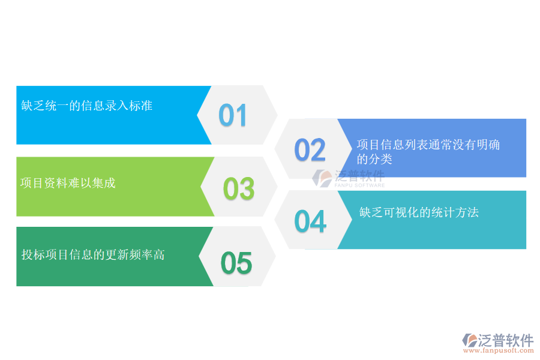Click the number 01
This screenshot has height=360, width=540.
click(x=233, y=115)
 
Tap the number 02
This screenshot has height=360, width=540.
click(x=310, y=150)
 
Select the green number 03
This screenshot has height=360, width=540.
click(x=239, y=189)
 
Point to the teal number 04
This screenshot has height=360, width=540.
click(x=310, y=221)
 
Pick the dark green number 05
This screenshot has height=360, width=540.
click(x=236, y=263)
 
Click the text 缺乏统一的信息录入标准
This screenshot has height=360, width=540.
click(x=87, y=106)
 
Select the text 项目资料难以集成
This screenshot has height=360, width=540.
click(x=68, y=183)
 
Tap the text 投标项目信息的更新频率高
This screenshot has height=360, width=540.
click(x=93, y=255)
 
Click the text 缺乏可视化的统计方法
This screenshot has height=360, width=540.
click(x=419, y=212)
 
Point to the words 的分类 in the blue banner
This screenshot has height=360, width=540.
click(x=374, y=159)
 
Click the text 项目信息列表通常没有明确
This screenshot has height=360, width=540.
click(x=428, y=145)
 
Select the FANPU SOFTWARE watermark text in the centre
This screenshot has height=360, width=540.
click(x=359, y=185)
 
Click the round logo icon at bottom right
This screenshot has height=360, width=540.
click(x=469, y=341)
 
